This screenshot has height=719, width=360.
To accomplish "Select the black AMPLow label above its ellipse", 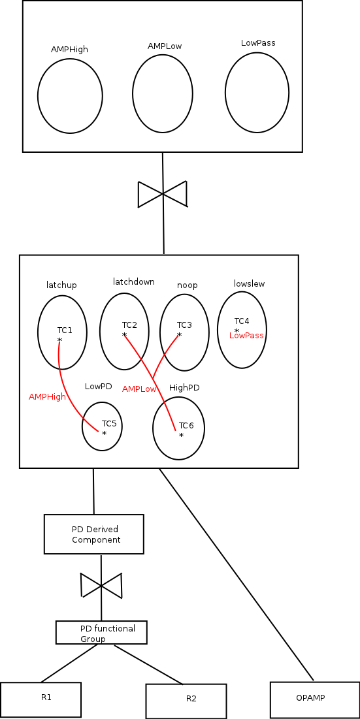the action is point(165,46).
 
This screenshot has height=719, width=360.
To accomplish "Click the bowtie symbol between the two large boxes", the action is point(163,194).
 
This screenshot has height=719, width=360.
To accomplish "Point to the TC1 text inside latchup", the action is point(65,330).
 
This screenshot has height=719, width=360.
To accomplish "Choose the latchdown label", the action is point(134,281).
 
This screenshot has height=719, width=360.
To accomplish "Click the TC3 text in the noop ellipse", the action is point(184,325).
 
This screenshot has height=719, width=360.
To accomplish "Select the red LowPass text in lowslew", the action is point(247,336).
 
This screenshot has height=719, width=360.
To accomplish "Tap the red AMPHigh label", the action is point(47,397).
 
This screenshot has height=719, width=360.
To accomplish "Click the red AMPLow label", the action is point(139,389).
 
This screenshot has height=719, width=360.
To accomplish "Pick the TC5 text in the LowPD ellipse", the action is point(109,423).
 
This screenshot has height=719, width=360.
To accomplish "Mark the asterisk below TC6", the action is point(181,435).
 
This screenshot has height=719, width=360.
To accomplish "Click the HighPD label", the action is point(184,388).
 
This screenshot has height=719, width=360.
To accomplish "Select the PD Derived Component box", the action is point(94,534).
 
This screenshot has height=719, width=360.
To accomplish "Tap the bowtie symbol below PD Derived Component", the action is point(101,585).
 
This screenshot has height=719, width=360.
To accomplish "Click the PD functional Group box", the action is point(101,632).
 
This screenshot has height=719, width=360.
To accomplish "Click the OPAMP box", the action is point(315,700).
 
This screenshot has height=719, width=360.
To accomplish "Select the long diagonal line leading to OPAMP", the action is point(237,574).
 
